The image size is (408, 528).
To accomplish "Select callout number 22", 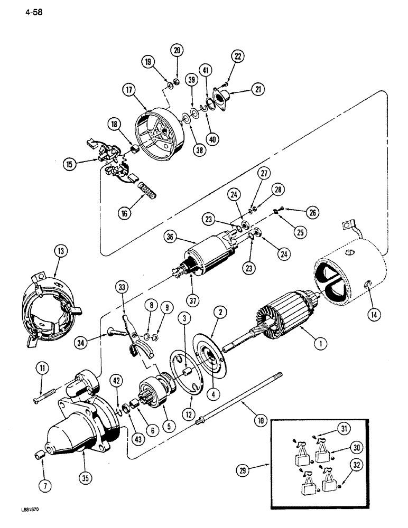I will (x=238, y=56).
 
